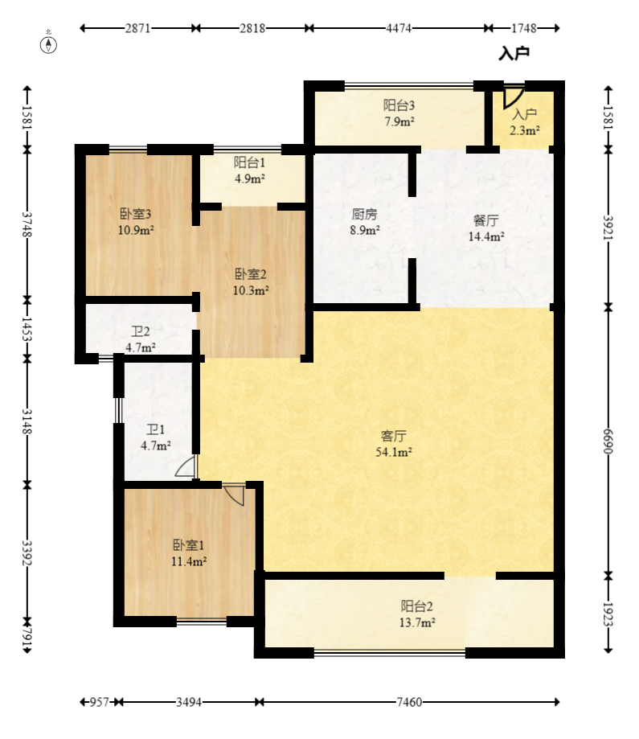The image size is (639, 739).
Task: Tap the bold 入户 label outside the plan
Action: click(x=514, y=54)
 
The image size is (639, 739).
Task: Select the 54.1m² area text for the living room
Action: click(x=394, y=453)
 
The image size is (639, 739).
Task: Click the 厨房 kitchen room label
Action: click(x=364, y=215)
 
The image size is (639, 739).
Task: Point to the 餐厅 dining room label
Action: click(x=485, y=220)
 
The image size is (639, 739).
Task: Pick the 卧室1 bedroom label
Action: click(x=189, y=545)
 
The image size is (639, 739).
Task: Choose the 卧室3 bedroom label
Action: click(x=136, y=214)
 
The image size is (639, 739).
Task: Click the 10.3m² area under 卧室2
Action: click(x=251, y=290)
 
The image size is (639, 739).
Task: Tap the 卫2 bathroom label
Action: click(x=141, y=332)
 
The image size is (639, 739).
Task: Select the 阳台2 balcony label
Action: click(x=416, y=606)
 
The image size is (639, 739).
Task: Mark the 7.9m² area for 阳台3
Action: click(x=399, y=121)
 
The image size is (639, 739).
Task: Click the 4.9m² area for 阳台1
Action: click(x=250, y=179)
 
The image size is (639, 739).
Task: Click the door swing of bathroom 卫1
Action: click(x=186, y=466)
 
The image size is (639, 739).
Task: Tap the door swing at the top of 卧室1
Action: click(x=234, y=495)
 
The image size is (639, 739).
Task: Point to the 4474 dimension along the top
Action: click(x=399, y=28)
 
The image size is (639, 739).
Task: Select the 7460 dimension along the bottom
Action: click(x=409, y=702)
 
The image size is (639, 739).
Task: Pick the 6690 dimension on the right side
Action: click(x=608, y=441)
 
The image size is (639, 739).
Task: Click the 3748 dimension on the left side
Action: click(x=27, y=225)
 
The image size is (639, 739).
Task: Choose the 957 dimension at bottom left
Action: click(x=100, y=702)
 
